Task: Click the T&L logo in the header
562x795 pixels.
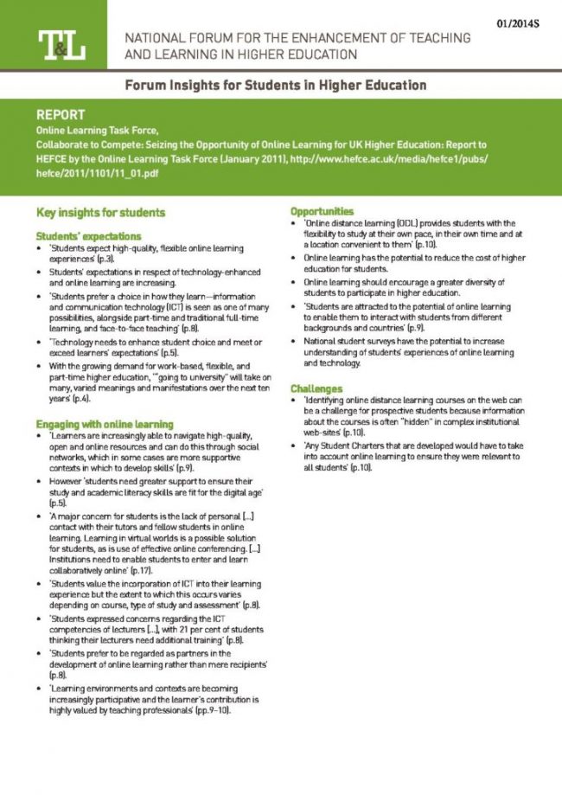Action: (x=61, y=45)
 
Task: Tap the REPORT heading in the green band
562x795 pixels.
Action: (x=61, y=114)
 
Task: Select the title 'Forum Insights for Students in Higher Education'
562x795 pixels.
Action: (x=275, y=86)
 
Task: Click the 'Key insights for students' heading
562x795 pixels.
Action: (x=100, y=212)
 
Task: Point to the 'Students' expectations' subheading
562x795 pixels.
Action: (x=88, y=235)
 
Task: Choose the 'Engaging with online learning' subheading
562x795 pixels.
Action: (x=105, y=425)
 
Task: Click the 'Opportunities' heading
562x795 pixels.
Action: (x=322, y=211)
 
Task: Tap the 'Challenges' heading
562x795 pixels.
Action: (x=317, y=388)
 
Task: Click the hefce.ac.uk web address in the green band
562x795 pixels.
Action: (x=346, y=159)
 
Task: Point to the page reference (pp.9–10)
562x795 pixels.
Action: (x=214, y=710)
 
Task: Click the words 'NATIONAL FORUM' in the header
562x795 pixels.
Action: (x=173, y=39)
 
